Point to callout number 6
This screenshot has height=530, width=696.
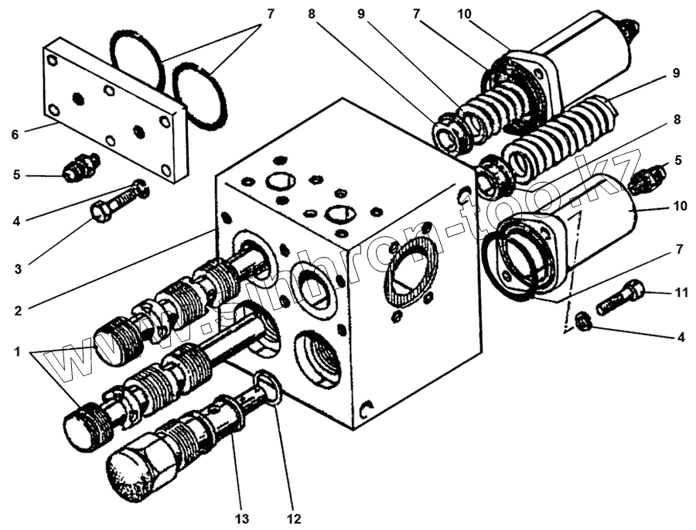[15, 134]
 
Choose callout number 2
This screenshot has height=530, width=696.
[16, 312]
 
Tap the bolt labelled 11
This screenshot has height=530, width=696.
[623, 297]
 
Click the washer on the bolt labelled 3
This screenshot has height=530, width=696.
[140, 187]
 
